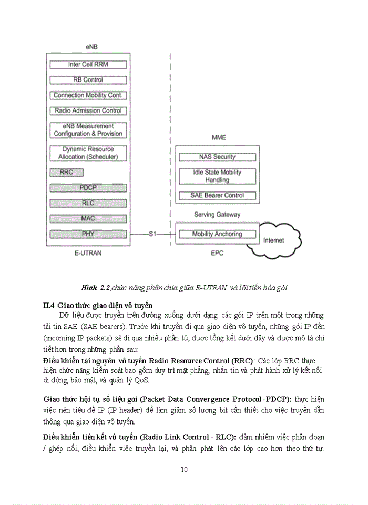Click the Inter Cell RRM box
point(88,65)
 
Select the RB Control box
point(88,80)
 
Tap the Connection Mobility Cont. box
point(88,95)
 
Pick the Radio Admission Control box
point(88,110)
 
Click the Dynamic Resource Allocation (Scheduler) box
point(88,153)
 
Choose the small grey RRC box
point(66,173)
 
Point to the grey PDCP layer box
point(88,188)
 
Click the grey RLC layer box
point(88,203)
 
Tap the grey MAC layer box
point(88,218)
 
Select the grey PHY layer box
point(88,234)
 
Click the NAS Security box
point(217,157)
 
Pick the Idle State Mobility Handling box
point(217,176)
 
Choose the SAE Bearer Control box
point(217,196)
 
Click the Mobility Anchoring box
point(217,234)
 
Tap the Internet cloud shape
point(274,241)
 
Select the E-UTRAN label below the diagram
point(88,253)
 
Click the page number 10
point(183,469)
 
